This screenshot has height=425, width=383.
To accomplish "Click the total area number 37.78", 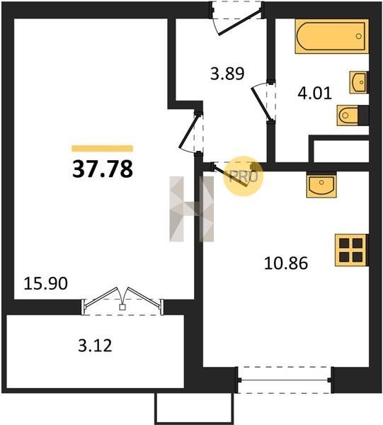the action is click(x=103, y=169).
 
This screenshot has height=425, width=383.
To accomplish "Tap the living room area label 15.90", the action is click(x=45, y=284).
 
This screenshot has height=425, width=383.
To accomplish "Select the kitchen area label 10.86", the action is click(x=286, y=263).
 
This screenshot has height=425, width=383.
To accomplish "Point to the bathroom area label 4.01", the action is click(x=315, y=93).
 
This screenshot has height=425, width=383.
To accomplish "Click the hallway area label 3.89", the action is click(x=227, y=74).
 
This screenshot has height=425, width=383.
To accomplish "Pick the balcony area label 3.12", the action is click(x=95, y=346).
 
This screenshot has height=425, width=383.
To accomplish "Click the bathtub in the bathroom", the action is click(x=332, y=36).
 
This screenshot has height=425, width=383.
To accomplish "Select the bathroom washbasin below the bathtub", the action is click(x=359, y=82).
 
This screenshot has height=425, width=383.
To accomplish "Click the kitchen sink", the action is click(x=321, y=185).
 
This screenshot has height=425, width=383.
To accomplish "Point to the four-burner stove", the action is click(x=352, y=250).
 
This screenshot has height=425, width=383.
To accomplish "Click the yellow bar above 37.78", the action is click(x=103, y=148).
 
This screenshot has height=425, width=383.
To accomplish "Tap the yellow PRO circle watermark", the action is click(x=244, y=176).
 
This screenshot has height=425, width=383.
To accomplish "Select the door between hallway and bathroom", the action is click(x=263, y=101).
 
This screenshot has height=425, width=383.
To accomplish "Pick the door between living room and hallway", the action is click(x=191, y=133).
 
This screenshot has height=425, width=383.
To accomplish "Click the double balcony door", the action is click(x=122, y=301).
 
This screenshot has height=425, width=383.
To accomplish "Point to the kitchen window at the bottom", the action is click(x=285, y=380).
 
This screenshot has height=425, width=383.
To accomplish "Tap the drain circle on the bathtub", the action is click(x=359, y=36).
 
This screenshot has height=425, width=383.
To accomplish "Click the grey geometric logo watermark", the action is click(x=191, y=209).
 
